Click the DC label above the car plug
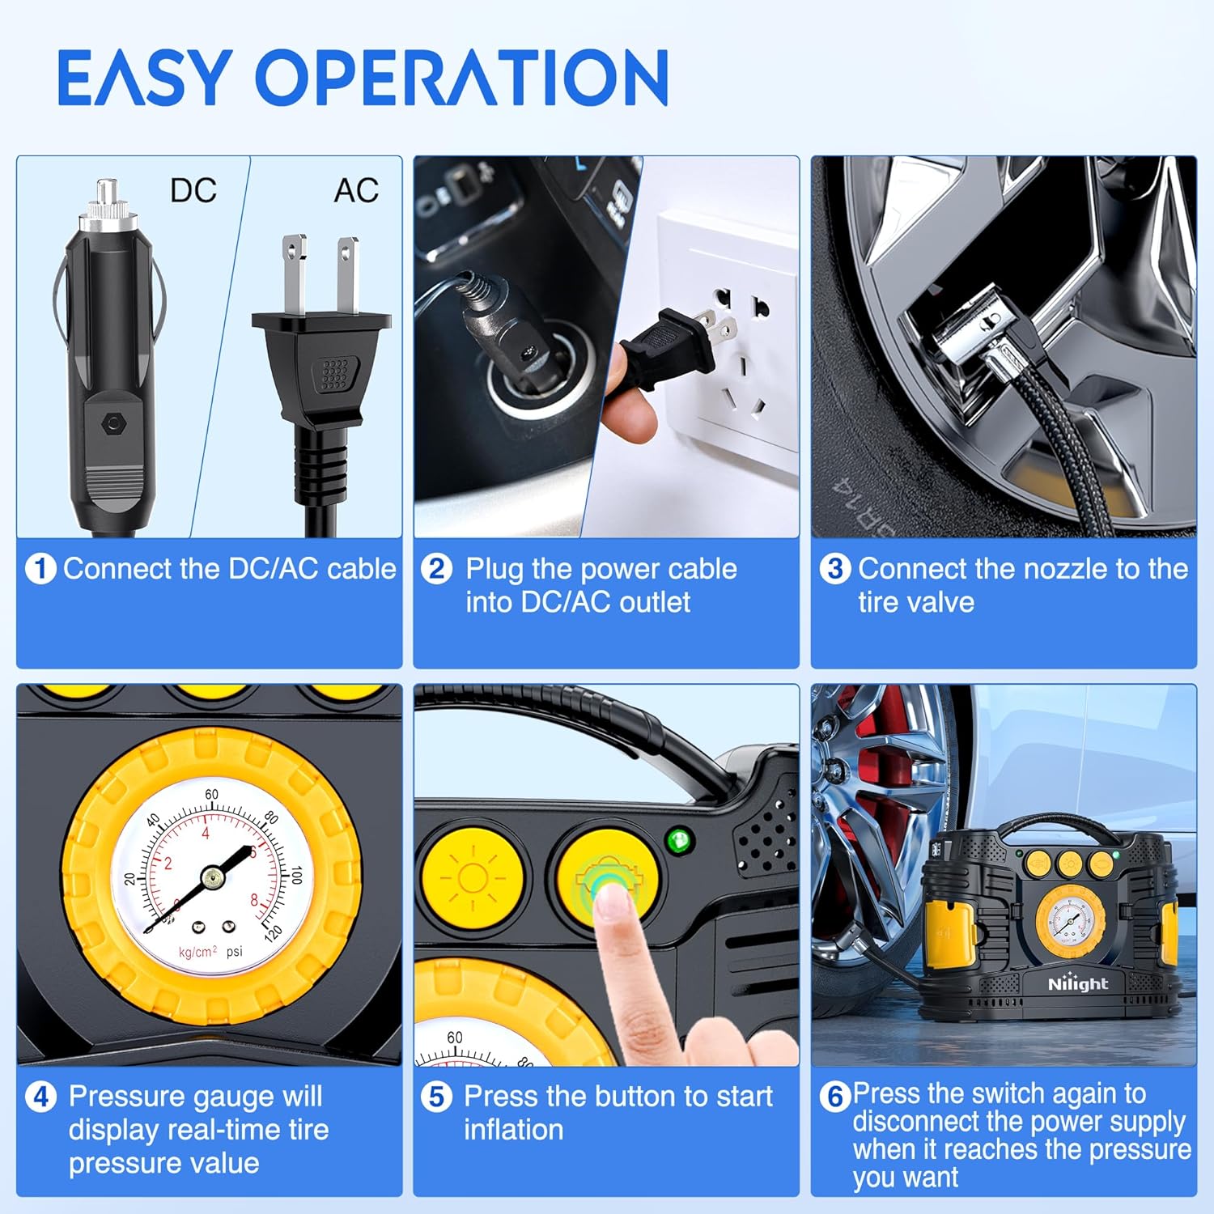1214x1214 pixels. click(x=193, y=191)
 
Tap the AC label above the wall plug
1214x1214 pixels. click(x=356, y=191)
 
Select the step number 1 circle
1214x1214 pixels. click(x=40, y=569)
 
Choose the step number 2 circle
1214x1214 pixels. click(x=437, y=569)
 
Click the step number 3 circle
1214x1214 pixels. click(x=834, y=569)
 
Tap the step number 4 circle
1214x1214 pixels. click(x=40, y=1097)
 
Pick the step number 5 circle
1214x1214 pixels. click(x=437, y=1097)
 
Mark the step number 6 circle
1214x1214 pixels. click(x=835, y=1097)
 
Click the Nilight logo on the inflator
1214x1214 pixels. click(x=1077, y=984)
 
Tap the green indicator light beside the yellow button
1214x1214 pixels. click(x=679, y=840)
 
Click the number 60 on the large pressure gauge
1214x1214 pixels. click(x=211, y=795)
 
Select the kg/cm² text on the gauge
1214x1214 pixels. click(x=197, y=952)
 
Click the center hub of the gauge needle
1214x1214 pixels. click(x=213, y=877)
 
